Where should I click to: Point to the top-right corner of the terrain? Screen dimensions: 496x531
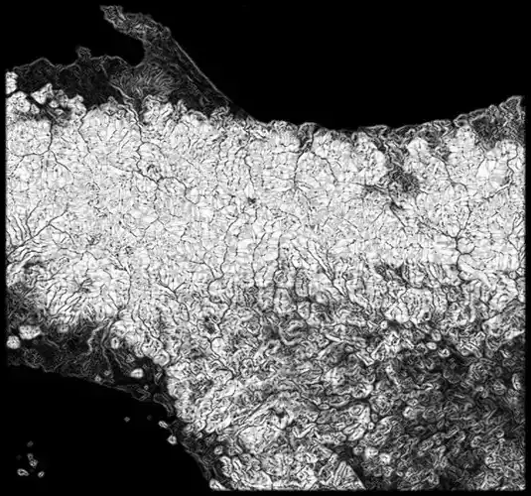(x=521, y=98)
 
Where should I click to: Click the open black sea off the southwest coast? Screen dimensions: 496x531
(x=79, y=417)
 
